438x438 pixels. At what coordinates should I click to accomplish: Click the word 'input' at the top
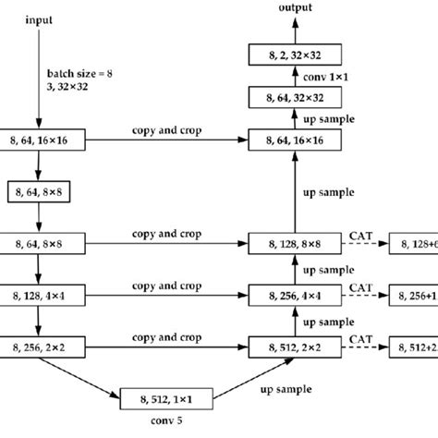tap(39, 19)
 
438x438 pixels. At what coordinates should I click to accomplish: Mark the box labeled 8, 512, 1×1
tap(167, 399)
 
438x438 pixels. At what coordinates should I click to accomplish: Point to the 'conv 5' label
tap(167, 425)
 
